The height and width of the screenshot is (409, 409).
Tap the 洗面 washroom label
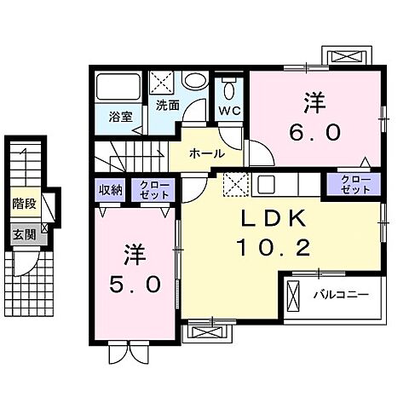pyautogui.click(x=167, y=106)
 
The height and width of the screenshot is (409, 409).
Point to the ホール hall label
pyautogui.click(x=207, y=154)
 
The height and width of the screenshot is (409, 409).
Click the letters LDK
pyautogui.click(x=268, y=220)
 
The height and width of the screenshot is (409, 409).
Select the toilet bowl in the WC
pyautogui.click(x=228, y=90)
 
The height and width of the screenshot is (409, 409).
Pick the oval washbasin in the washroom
pyautogui.click(x=195, y=83)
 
